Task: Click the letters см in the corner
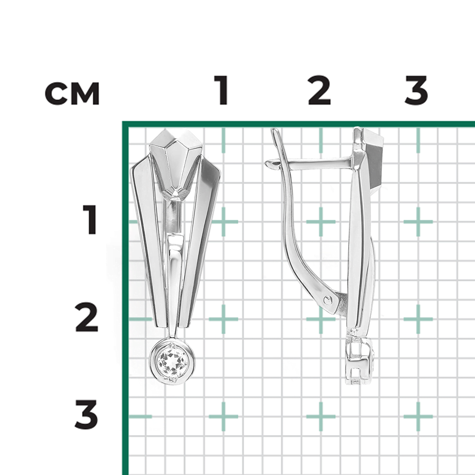pyautogui.click(x=72, y=94)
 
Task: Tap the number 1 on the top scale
pyautogui.click(x=222, y=90)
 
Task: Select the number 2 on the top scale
pyautogui.click(x=319, y=90)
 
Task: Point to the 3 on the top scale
pyautogui.click(x=416, y=90)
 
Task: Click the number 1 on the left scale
pyautogui.click(x=89, y=219)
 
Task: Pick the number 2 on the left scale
pyautogui.click(x=86, y=317)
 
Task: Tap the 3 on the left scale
pyautogui.click(x=86, y=414)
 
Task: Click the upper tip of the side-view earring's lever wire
pyautogui.click(x=275, y=129)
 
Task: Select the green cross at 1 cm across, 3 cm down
pyautogui.click(x=224, y=417)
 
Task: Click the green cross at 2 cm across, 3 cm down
pyautogui.click(x=321, y=417)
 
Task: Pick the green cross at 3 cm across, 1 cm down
pyautogui.click(x=418, y=222)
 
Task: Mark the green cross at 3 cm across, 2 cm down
pyautogui.click(x=418, y=319)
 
